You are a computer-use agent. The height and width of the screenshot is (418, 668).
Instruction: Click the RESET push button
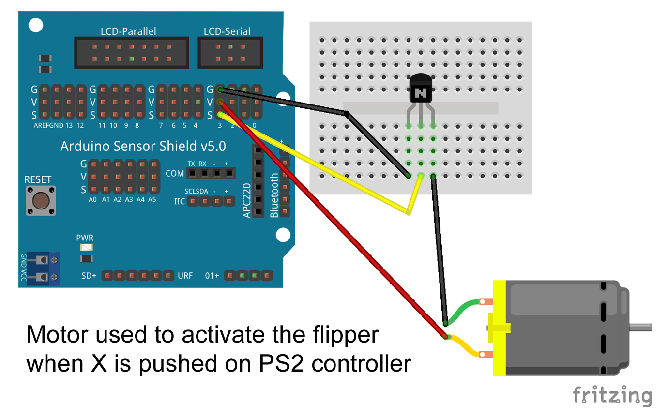pyautogui.click(x=41, y=200)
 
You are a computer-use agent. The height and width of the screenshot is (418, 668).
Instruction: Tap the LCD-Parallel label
pyautogui.click(x=128, y=31)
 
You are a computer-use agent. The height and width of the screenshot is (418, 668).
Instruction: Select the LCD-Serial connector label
pyautogui.click(x=227, y=31)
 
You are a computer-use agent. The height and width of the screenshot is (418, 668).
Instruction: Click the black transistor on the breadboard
pyautogui.click(x=420, y=89)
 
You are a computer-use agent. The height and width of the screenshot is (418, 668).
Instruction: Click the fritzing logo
pyautogui.click(x=612, y=396)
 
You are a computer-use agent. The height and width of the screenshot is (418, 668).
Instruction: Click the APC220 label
pyautogui.click(x=247, y=200)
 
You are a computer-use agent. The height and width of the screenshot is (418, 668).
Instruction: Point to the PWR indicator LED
pyautogui.click(x=86, y=247)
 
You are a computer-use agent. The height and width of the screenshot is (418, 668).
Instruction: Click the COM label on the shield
pyautogui.click(x=175, y=174)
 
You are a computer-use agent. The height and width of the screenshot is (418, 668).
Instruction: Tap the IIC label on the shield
pyautogui.click(x=179, y=201)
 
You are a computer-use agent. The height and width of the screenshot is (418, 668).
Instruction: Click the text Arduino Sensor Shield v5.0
pyautogui.click(x=143, y=146)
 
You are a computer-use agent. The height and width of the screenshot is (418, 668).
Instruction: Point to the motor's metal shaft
pyautogui.click(x=640, y=327)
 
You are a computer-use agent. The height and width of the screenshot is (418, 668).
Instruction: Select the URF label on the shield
pyautogui.click(x=185, y=276)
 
